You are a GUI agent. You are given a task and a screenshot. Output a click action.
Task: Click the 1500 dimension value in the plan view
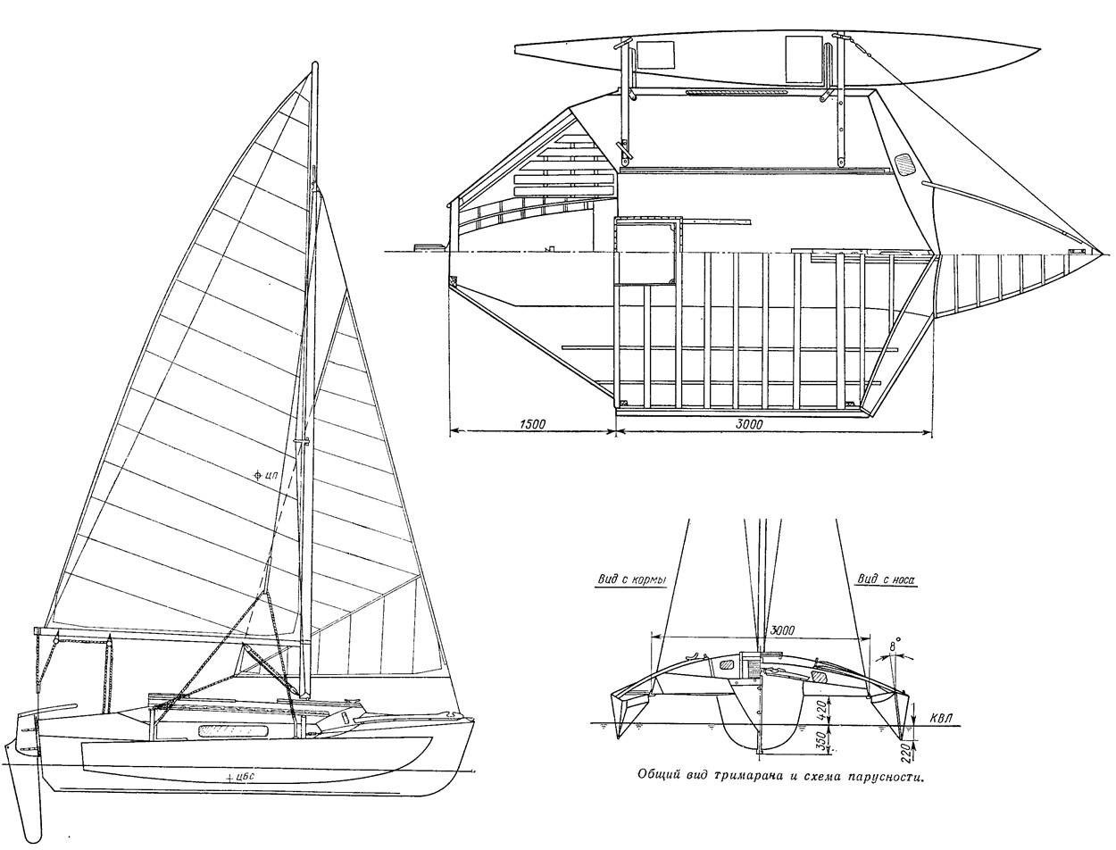tap(531, 424)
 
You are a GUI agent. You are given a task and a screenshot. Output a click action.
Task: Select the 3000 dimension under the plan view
tap(749, 424)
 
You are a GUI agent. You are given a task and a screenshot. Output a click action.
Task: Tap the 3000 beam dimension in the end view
tap(782, 631)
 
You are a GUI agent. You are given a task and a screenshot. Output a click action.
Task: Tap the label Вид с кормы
tap(630, 579)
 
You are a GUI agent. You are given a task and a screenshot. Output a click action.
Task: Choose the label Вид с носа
tap(887, 579)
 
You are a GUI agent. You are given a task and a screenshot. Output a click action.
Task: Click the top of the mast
tap(315, 65)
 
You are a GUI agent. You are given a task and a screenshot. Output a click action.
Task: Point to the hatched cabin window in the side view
tap(232, 731)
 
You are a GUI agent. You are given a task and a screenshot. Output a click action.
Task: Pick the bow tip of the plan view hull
tap(1101, 253)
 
